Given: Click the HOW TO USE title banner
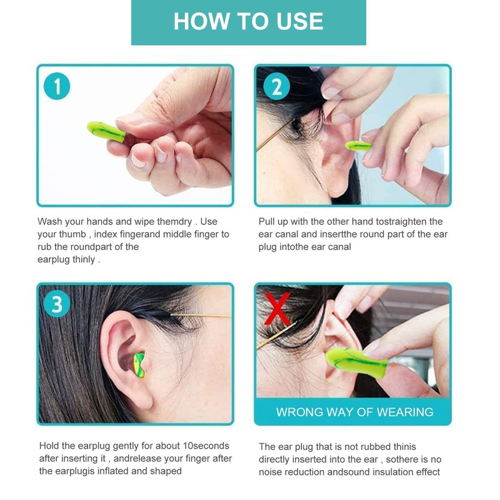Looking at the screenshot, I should point(248,22).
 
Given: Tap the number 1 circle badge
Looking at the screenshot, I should point(57,87).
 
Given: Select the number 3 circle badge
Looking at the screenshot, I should point(57,304).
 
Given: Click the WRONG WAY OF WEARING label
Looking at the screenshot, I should point(354,412).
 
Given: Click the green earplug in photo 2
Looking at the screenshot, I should point(358,146).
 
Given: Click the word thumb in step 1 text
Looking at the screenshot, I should point(74,234).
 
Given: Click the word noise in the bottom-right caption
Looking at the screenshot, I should point(272,472).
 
